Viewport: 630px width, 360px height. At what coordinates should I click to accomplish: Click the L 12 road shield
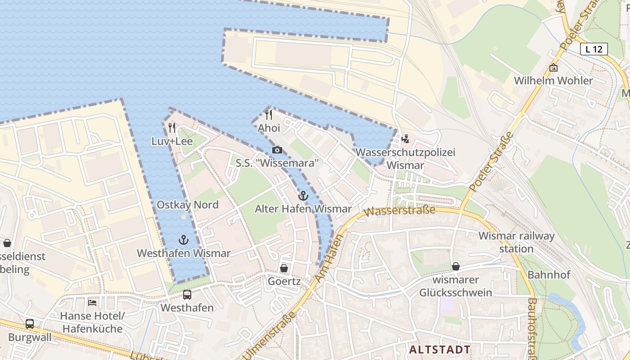click(594, 49)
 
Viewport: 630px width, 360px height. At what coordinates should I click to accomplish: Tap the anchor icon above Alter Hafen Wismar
click(303, 196)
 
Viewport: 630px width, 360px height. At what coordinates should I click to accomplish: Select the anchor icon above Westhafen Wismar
click(183, 240)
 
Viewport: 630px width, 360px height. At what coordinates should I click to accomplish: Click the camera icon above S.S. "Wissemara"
click(277, 150)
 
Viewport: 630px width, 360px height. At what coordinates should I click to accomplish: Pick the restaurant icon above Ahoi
click(269, 115)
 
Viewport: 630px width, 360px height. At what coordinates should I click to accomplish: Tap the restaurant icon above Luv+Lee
click(172, 128)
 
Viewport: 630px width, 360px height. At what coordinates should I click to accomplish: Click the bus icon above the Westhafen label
click(187, 295)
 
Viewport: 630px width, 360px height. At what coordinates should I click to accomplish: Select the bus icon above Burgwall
click(30, 324)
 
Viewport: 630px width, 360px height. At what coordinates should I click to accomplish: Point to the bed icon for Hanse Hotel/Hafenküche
click(92, 302)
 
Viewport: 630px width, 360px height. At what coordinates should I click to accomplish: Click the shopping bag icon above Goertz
click(284, 268)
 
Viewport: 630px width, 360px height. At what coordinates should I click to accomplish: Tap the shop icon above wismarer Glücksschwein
click(456, 266)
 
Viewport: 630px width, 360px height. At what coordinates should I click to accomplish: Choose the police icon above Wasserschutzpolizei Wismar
click(405, 139)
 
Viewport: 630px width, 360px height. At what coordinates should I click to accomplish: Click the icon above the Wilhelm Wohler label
click(553, 67)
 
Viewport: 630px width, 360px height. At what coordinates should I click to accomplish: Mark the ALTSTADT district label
click(440, 349)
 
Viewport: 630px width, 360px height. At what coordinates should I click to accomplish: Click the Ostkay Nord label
click(187, 205)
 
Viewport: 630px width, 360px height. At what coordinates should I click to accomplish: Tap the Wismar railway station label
click(516, 242)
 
